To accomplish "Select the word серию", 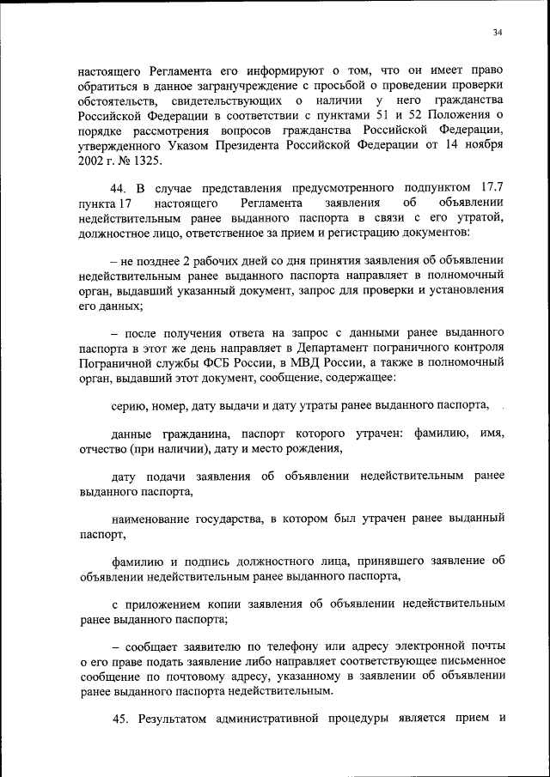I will pos(129,404).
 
